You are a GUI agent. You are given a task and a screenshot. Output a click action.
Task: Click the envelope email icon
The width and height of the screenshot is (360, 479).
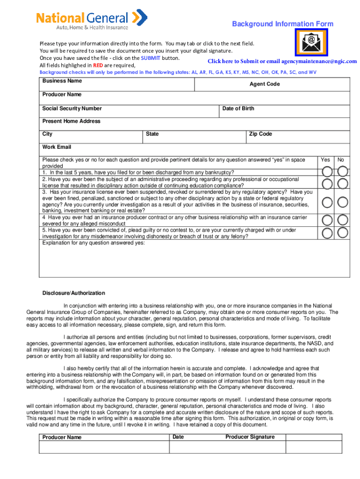(311, 42)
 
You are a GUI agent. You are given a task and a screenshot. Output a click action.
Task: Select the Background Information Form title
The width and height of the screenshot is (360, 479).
(283, 24)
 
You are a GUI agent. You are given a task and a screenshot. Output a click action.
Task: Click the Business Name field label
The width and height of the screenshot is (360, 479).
(62, 81)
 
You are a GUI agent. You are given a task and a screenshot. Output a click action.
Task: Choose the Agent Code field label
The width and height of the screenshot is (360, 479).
(265, 84)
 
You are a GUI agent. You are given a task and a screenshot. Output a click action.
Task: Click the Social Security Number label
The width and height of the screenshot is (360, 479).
(72, 109)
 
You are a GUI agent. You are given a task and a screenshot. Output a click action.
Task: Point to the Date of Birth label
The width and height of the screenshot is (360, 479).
(238, 109)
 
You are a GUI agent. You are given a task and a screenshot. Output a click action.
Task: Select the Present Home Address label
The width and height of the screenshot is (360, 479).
(72, 121)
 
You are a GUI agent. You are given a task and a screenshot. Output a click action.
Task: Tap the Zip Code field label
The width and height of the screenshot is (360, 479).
(260, 134)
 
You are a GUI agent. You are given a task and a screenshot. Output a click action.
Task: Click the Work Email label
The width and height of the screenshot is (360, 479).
(57, 147)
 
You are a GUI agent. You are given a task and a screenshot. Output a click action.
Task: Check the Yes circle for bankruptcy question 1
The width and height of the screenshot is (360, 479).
(328, 172)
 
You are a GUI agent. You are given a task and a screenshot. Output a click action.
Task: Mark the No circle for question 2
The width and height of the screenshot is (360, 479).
(343, 183)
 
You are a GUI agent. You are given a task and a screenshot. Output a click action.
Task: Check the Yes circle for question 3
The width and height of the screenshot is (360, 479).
(328, 202)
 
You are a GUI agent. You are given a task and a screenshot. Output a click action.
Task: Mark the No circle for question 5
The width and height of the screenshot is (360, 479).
(343, 232)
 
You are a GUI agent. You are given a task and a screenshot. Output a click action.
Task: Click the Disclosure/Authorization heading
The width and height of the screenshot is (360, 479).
(74, 293)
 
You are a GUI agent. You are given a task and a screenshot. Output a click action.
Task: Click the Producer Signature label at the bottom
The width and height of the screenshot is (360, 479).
(250, 437)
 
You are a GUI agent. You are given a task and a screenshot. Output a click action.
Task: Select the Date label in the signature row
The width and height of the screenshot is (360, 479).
(178, 437)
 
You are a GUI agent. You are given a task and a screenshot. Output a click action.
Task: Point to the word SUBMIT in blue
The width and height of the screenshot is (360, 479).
(151, 58)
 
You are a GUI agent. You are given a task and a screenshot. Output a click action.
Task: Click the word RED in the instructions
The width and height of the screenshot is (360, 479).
(97, 65)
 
